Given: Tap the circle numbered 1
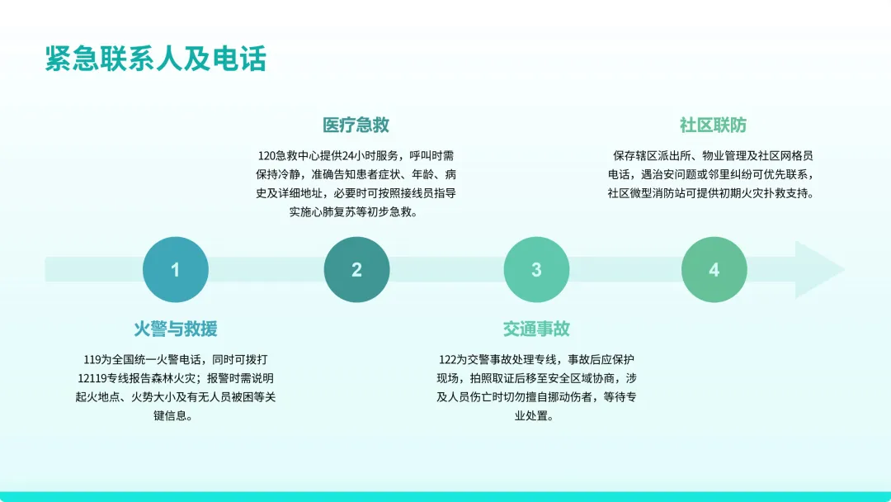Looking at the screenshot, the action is click(175, 270).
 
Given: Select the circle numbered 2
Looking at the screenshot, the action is click(356, 270).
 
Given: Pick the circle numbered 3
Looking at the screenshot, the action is click(536, 270).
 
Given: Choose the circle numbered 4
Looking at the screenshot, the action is click(714, 270).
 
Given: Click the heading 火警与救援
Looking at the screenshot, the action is click(176, 329).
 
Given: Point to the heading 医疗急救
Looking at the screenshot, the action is click(356, 125).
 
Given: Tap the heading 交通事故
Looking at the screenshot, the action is click(536, 329).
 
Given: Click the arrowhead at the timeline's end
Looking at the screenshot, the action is click(818, 270).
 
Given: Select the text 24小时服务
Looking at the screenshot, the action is click(372, 155).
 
